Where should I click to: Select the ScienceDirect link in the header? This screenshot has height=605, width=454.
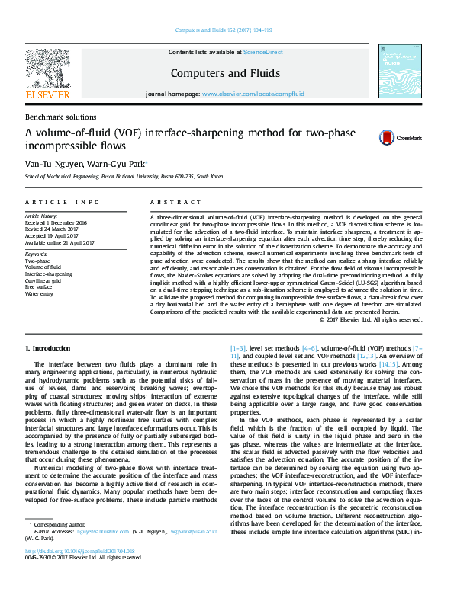pos(262,52)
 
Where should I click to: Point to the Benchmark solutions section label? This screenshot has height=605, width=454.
pos(61,117)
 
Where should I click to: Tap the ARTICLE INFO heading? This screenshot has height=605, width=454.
pos(63,202)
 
